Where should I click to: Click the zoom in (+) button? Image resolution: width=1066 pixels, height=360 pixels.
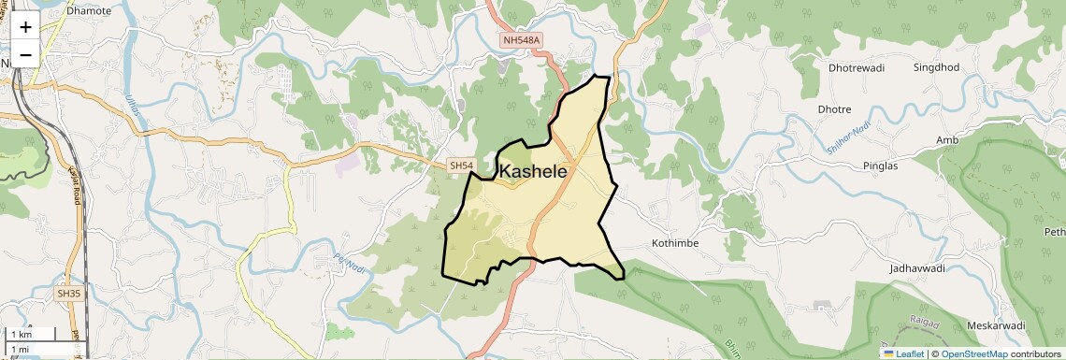25,27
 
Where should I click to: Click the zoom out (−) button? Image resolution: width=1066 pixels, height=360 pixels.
25,54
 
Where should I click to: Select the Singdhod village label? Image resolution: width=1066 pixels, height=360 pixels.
936,67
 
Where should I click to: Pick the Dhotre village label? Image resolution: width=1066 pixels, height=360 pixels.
834,109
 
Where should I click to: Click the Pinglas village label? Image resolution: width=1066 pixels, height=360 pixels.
880,166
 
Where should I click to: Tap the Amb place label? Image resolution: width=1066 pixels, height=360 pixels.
948,140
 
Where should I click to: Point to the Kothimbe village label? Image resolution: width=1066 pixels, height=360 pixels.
674,243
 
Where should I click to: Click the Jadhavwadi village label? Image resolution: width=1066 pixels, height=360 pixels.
920,268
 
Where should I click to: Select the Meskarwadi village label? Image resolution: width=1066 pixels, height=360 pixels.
996,325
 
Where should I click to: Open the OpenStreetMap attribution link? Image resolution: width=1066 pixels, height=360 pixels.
974,353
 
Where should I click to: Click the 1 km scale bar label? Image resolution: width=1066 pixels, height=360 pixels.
21,335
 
